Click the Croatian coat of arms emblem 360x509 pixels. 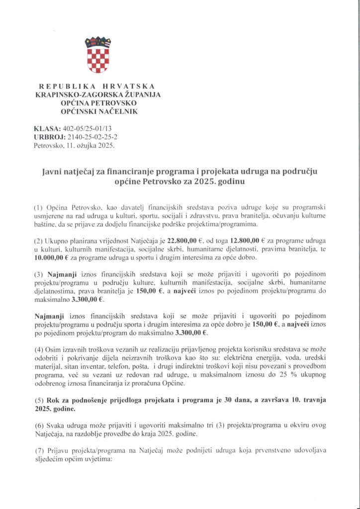tap(98, 55)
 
